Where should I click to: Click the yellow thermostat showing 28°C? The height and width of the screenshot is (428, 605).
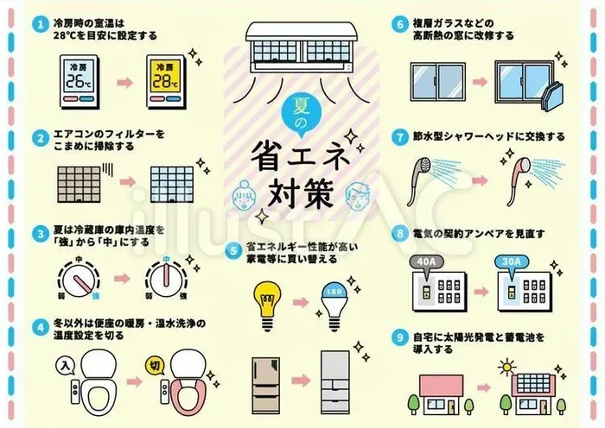pyautogui.click(x=166, y=81)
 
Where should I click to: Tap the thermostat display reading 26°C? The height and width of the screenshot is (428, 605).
pyautogui.click(x=80, y=81)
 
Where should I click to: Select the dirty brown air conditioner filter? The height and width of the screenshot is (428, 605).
pyautogui.click(x=79, y=185)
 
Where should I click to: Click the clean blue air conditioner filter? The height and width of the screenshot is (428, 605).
pyautogui.click(x=172, y=185)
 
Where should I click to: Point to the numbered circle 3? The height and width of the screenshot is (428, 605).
pyautogui.click(x=40, y=234)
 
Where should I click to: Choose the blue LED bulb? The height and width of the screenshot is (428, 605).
pyautogui.click(x=334, y=307)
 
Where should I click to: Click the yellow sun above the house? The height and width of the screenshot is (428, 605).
pyautogui.click(x=506, y=367)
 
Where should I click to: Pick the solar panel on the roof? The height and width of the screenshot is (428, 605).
pyautogui.click(x=533, y=381)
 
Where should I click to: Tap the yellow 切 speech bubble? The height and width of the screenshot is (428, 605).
pyautogui.click(x=155, y=366)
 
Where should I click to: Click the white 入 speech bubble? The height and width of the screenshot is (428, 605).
pyautogui.click(x=66, y=365)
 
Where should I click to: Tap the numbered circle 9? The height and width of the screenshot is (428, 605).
pyautogui.click(x=399, y=338)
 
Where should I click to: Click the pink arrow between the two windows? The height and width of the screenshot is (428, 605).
pyautogui.click(x=480, y=82)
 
